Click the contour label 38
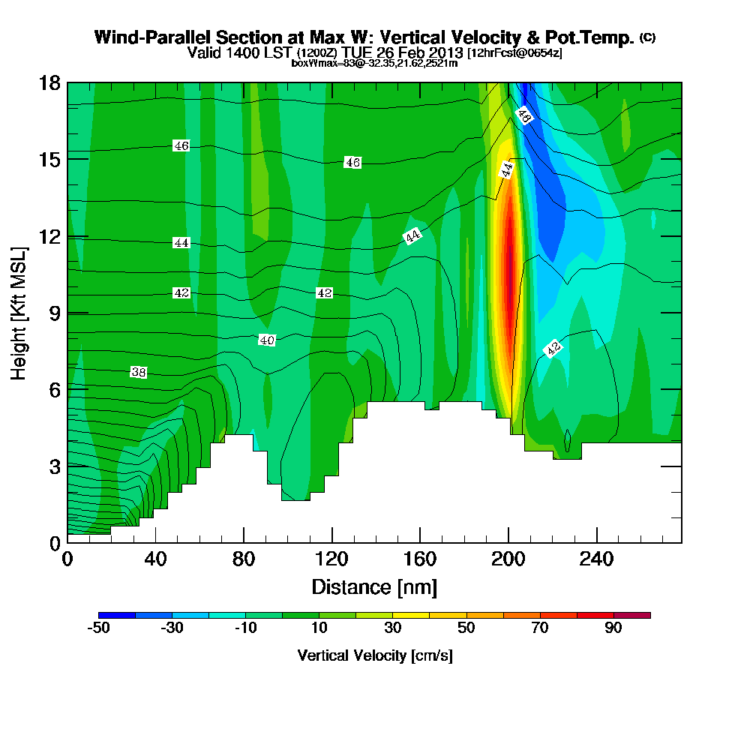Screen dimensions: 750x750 pos(138,372)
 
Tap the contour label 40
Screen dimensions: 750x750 pos(267,340)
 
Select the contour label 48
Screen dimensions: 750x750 pos(524,116)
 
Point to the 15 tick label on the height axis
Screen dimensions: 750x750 pos(49,160)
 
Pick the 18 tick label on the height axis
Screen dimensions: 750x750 pos(49,82)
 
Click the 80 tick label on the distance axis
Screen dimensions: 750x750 pos(244,559)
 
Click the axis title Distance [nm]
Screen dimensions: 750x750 pos(374,586)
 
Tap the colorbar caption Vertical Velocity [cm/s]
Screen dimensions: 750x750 pos(375,655)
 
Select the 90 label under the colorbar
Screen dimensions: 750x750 pos(613,628)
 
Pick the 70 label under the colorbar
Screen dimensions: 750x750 pos(540,628)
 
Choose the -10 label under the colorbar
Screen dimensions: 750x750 pos(246,628)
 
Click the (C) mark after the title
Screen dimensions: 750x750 pos(647,37)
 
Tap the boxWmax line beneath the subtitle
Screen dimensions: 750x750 pos(374,63)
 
